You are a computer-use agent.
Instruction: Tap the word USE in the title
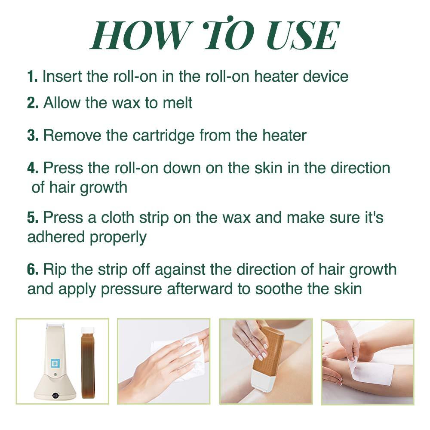click(303, 36)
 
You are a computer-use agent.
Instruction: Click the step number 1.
click(32, 76)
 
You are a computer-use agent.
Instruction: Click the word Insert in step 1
click(62, 76)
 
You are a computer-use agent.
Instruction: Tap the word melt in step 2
click(178, 103)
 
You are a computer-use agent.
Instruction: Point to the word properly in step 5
click(118, 238)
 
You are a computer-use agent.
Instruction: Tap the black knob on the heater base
click(55, 395)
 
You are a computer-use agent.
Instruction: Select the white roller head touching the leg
click(263, 384)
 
